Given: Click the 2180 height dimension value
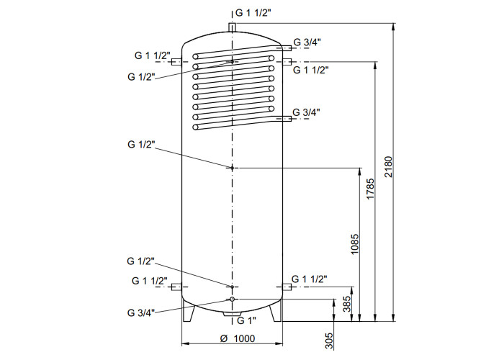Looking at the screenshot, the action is (388, 166).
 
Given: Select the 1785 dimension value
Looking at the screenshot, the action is (370, 189).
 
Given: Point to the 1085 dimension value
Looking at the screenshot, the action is (354, 244).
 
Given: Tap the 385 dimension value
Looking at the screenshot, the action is (347, 304).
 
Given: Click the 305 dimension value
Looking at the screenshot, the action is (329, 341).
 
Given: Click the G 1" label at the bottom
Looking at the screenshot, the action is (246, 320).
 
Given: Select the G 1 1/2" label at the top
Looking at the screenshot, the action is (253, 13).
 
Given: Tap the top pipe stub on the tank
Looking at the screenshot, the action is (232, 27).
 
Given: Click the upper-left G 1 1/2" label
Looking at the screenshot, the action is (153, 55).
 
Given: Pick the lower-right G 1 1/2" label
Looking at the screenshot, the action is (309, 279).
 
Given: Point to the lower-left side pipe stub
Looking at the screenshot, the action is (176, 287).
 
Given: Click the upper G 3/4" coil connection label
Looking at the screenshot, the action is (307, 42).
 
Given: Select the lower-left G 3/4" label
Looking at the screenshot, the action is (141, 312).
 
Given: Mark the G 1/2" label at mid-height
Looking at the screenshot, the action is (141, 144).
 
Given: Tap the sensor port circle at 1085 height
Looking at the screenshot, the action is (232, 168).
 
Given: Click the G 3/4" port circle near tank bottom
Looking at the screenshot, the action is (232, 300).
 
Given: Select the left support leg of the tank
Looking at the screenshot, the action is (189, 311).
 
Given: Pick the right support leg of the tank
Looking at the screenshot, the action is (276, 312).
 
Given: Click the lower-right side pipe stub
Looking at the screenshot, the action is (287, 287).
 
